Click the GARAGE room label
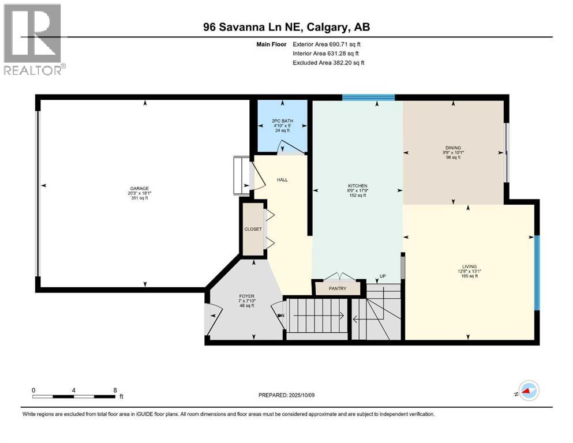(x=139, y=188)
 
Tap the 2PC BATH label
(x=282, y=121)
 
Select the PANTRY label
(x=338, y=288)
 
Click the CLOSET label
(x=253, y=229)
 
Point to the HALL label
(x=282, y=180)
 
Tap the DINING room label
(x=453, y=148)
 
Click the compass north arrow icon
(x=527, y=391)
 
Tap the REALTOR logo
(x=33, y=39)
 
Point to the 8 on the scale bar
(x=115, y=390)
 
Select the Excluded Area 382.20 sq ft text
(x=328, y=62)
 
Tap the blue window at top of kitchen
(x=368, y=97)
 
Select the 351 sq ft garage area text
(x=139, y=198)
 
